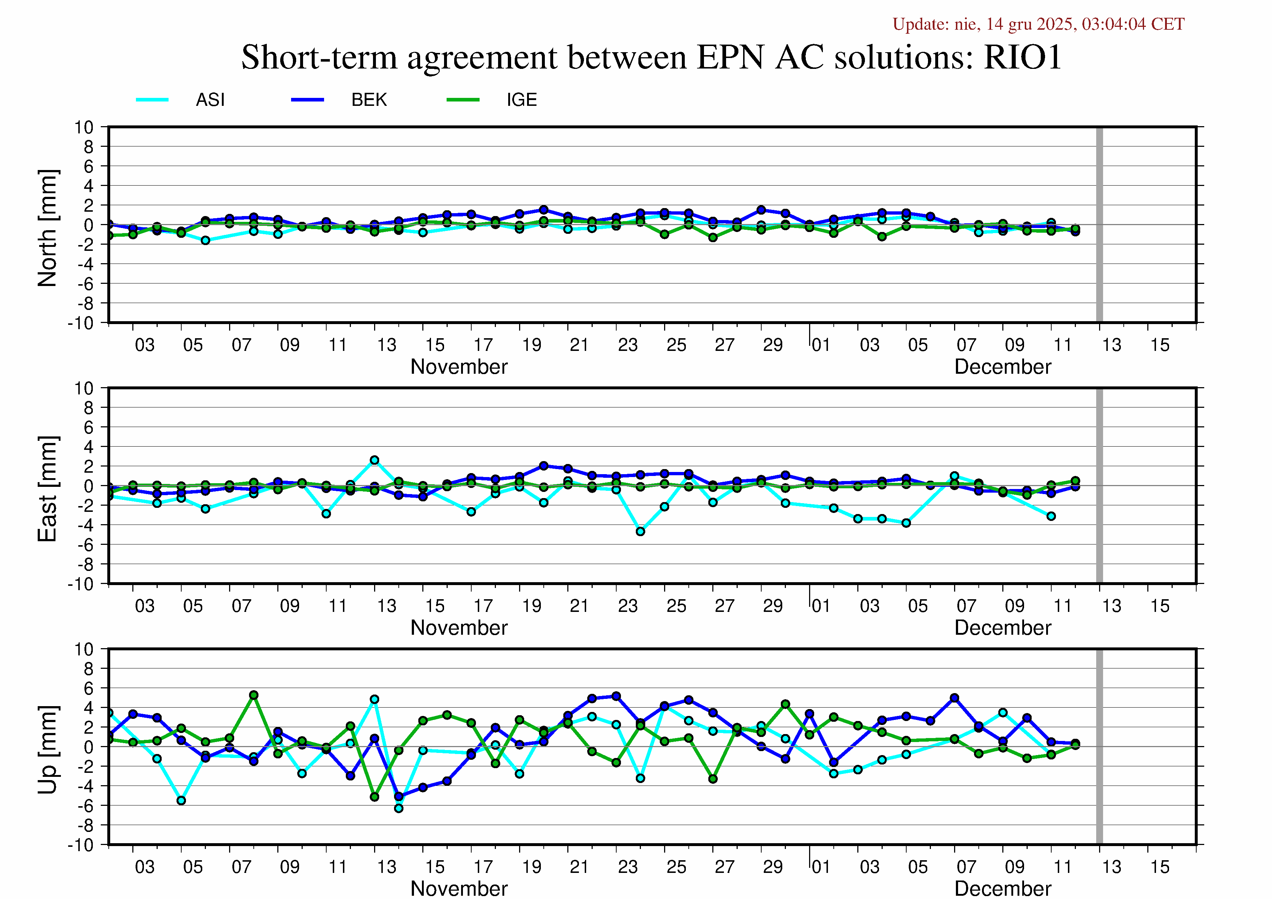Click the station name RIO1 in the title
[x=1022, y=57]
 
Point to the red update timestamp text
[x=1038, y=24]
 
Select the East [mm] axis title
[x=47, y=489]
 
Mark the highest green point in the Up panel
[x=254, y=695]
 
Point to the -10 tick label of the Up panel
[x=81, y=845]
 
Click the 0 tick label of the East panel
[x=89, y=486]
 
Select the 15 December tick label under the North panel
[x=1160, y=345]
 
